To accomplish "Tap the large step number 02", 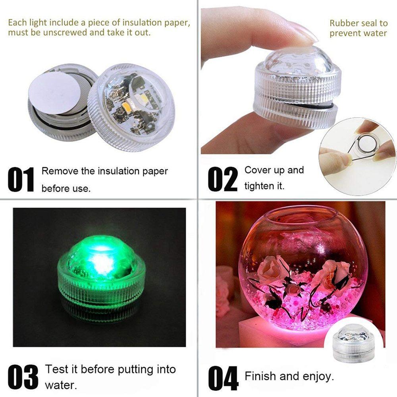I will point(223,179).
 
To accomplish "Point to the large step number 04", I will point(223,378).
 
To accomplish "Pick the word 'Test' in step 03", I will point(57,369).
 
